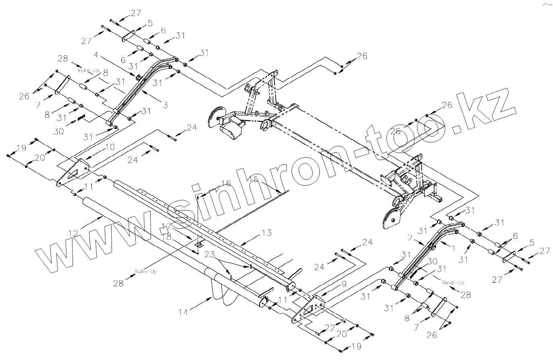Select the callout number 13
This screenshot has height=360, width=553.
pyautogui.click(x=266, y=233)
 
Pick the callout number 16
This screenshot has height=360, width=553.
pyautogui.click(x=226, y=184)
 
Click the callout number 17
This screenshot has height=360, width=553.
pyautogui.click(x=166, y=226)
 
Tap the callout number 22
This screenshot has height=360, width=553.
pyautogui.click(x=330, y=328)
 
